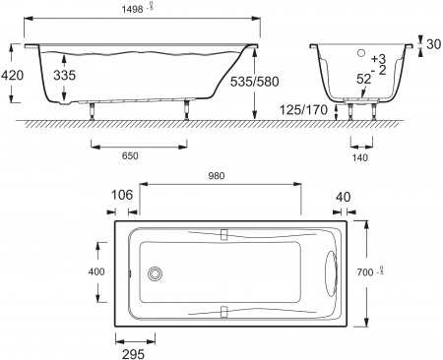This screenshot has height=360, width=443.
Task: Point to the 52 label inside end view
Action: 364,79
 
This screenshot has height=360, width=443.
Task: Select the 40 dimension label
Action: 342,198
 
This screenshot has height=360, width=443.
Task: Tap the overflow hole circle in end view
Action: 360,54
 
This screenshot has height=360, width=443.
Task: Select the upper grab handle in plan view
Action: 224,235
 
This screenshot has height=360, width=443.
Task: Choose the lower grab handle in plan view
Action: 224,312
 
